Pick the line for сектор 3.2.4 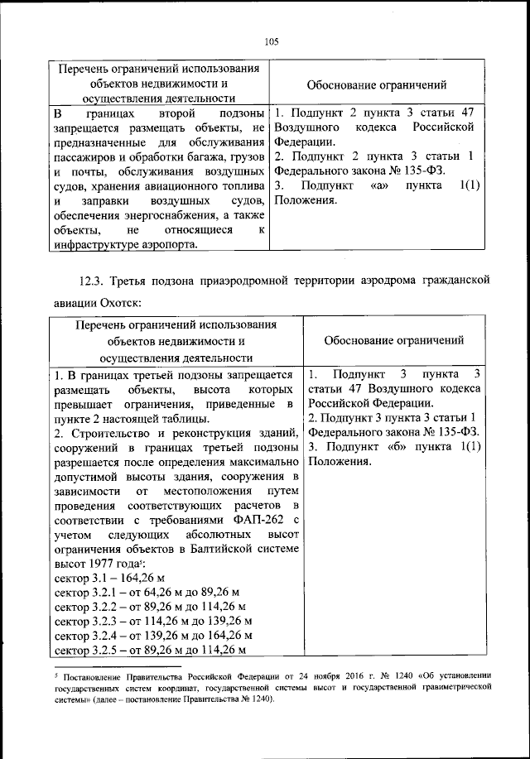[x=152, y=635]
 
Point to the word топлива [x=241, y=186]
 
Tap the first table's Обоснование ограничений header [x=377, y=84]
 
